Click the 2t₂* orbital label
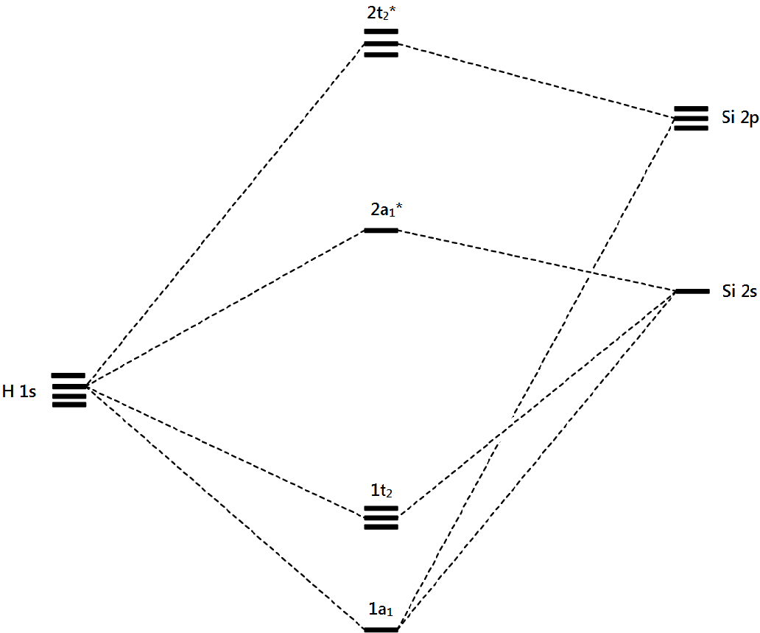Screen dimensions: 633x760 (x=381, y=13)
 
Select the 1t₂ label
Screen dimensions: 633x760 (x=381, y=490)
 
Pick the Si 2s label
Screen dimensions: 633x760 (x=739, y=292)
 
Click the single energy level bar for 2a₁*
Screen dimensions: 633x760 (x=381, y=231)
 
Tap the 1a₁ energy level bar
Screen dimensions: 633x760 (x=381, y=629)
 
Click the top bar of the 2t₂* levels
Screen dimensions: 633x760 (x=381, y=32)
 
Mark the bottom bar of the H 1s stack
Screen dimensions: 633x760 (x=69, y=405)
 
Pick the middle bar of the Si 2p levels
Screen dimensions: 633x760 (x=691, y=118)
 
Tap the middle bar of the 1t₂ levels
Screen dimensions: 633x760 (x=381, y=517)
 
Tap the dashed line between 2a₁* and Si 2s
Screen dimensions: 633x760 (x=536, y=261)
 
